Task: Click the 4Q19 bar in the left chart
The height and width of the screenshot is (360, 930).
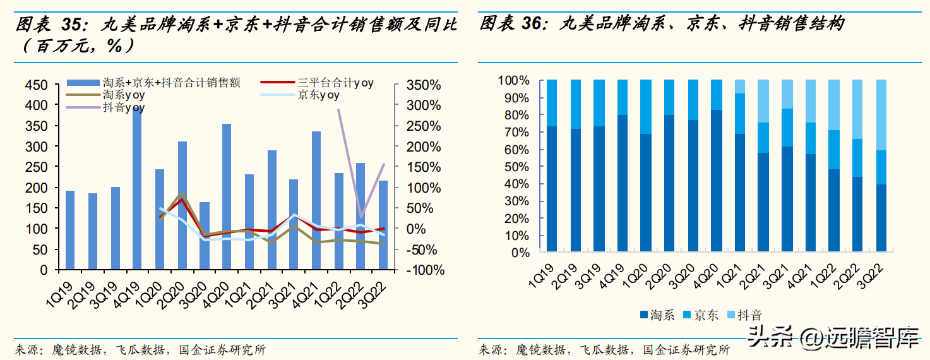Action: coord(136,189)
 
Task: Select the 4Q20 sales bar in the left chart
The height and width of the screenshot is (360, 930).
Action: coord(226,196)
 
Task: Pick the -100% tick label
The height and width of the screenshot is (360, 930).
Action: coord(422,270)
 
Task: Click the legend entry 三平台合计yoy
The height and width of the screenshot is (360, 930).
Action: coord(335,83)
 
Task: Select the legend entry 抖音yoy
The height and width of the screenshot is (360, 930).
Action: coord(124,108)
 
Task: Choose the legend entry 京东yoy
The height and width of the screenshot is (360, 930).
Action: coord(318,95)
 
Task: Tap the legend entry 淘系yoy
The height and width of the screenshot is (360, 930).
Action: coord(124,95)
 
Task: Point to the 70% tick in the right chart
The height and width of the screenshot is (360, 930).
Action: coord(516,133)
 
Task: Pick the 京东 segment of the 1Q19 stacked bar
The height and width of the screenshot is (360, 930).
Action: coord(552,103)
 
